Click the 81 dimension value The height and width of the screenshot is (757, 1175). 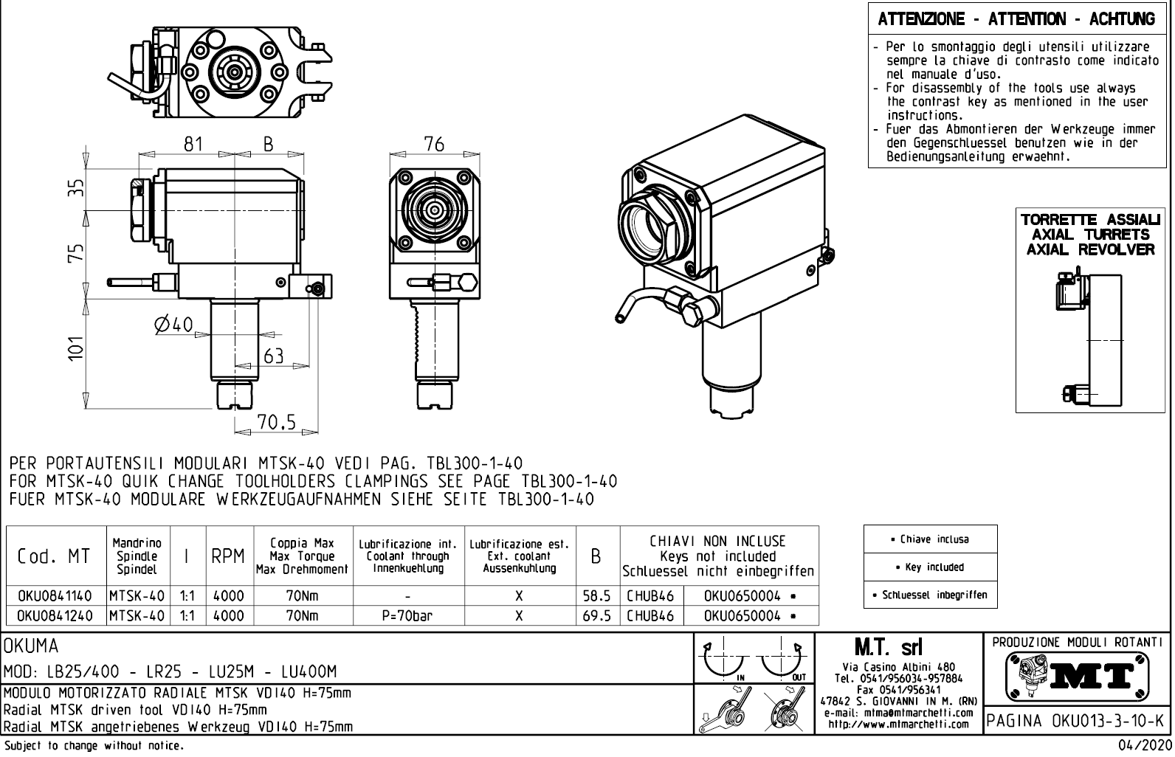193,144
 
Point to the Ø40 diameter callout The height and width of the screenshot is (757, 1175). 173,325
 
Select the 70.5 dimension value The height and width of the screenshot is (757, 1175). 276,422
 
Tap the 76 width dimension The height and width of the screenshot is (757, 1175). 434,144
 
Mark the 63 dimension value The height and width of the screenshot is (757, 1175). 273,356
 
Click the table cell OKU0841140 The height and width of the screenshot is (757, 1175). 55,596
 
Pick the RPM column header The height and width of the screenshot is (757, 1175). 228,557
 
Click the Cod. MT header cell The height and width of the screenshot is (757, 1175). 55,557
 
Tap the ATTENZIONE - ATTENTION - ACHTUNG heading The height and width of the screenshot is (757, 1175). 1016,19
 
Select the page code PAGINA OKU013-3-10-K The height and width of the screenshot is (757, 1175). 1077,720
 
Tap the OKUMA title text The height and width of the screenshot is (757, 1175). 31,647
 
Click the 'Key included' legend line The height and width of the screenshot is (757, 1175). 930,567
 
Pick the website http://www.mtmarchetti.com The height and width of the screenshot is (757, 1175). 898,725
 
